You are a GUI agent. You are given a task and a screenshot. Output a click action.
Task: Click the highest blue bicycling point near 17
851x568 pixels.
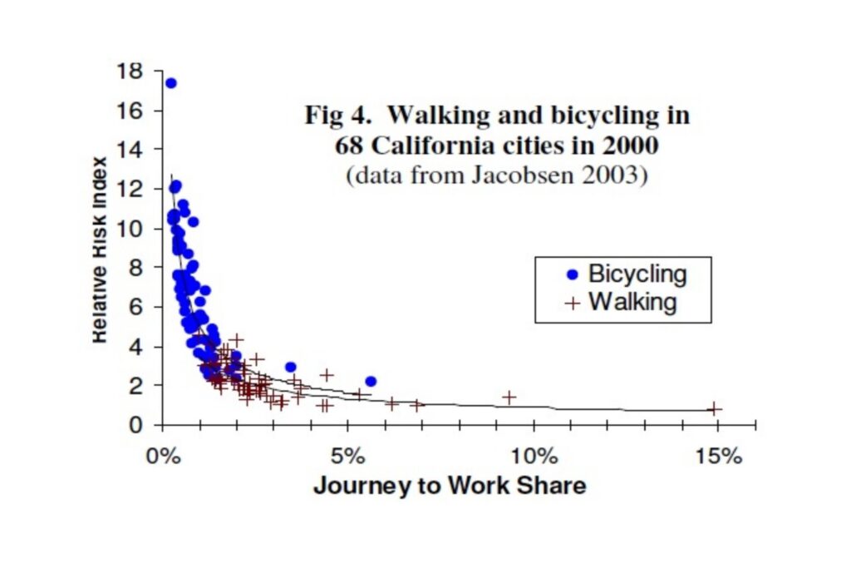pos(170,83)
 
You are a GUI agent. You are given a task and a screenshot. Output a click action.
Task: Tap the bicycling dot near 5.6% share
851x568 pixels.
pos(371,381)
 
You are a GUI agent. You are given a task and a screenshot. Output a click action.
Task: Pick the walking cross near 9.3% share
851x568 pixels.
pos(509,398)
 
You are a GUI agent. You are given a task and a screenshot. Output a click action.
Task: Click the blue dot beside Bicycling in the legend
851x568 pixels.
pos(572,274)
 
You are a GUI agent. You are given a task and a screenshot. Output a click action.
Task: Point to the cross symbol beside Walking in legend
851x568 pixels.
pos(572,303)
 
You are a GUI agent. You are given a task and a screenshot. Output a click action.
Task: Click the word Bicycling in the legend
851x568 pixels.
pos(637,274)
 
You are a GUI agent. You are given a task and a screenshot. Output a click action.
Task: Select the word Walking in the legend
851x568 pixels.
pos(632,302)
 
